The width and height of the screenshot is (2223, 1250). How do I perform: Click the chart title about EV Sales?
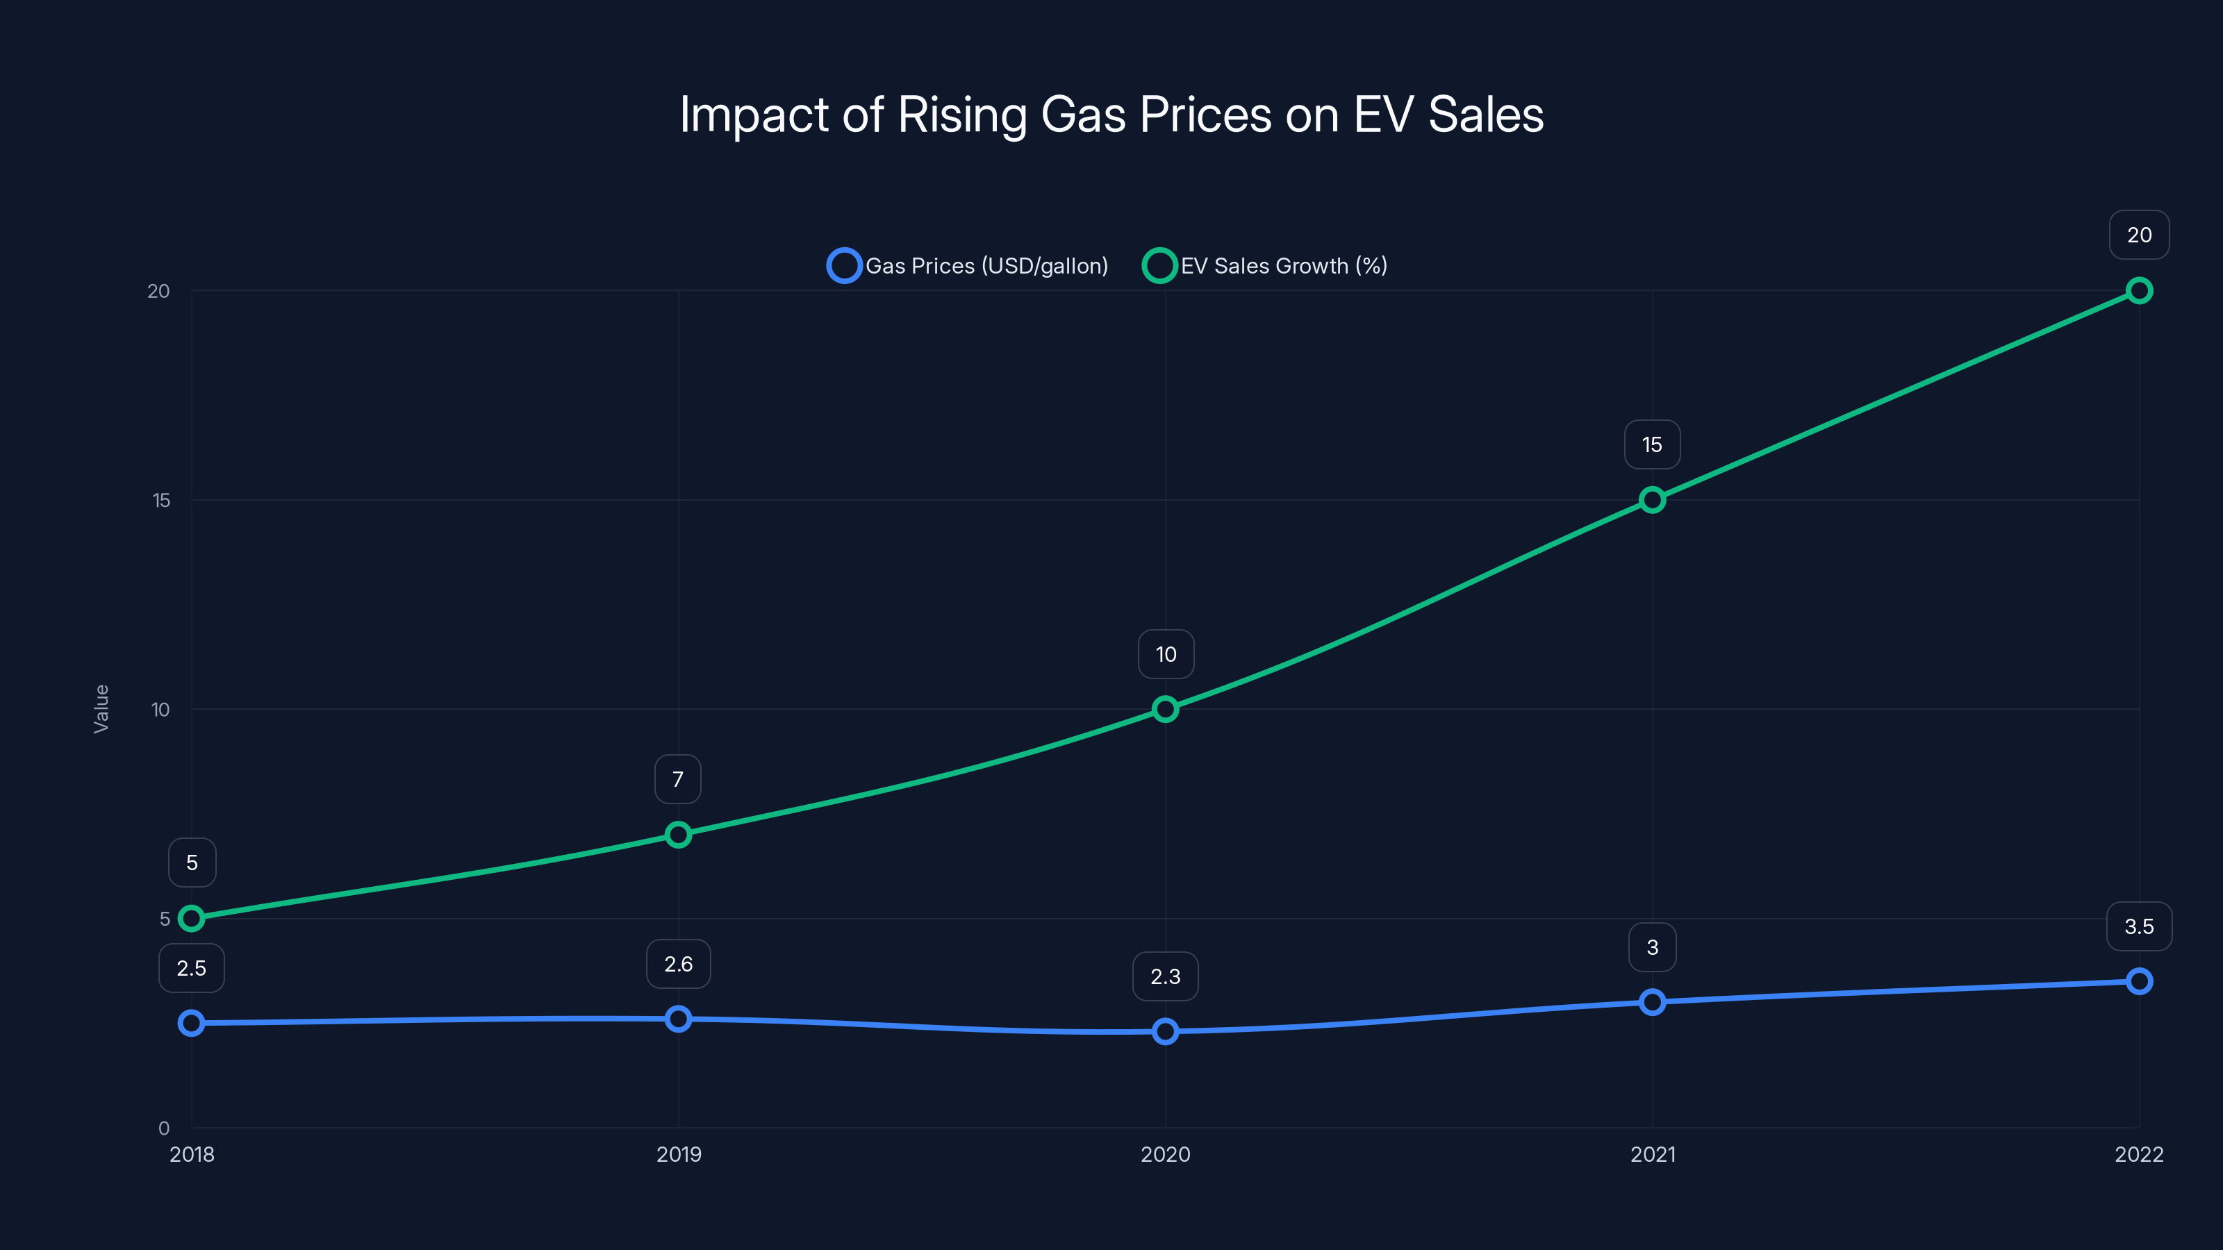coord(1111,115)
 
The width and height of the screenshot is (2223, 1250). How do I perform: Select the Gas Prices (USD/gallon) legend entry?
coord(968,266)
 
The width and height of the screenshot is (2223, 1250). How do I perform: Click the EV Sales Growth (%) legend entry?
coord(1265,266)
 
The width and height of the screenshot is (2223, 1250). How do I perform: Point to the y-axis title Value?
coord(101,708)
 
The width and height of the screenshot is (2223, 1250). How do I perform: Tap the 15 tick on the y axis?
coord(161,500)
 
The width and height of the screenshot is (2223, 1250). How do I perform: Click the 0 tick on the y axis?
coord(163,1128)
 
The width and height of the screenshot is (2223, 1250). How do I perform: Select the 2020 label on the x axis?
coord(1165,1154)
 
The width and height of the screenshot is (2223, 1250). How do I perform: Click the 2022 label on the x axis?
coord(2138,1154)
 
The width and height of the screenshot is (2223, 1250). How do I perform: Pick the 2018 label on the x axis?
coord(192,1154)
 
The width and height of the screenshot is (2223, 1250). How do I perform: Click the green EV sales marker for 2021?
coord(1652,499)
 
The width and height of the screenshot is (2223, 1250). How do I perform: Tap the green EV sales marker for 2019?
coord(678,834)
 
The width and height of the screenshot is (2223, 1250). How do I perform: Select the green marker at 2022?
coord(2138,291)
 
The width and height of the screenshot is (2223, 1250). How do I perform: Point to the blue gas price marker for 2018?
coord(192,1023)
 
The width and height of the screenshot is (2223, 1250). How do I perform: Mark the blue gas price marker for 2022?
coord(2138,981)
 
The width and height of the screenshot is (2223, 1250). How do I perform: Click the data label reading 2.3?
coord(1165,976)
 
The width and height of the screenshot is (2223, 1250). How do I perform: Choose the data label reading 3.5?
coord(2138,926)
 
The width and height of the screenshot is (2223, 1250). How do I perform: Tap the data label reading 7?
coord(678,779)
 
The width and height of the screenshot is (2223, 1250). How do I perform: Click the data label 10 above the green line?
coord(1166,654)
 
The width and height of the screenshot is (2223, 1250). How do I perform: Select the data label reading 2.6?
coord(678,964)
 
